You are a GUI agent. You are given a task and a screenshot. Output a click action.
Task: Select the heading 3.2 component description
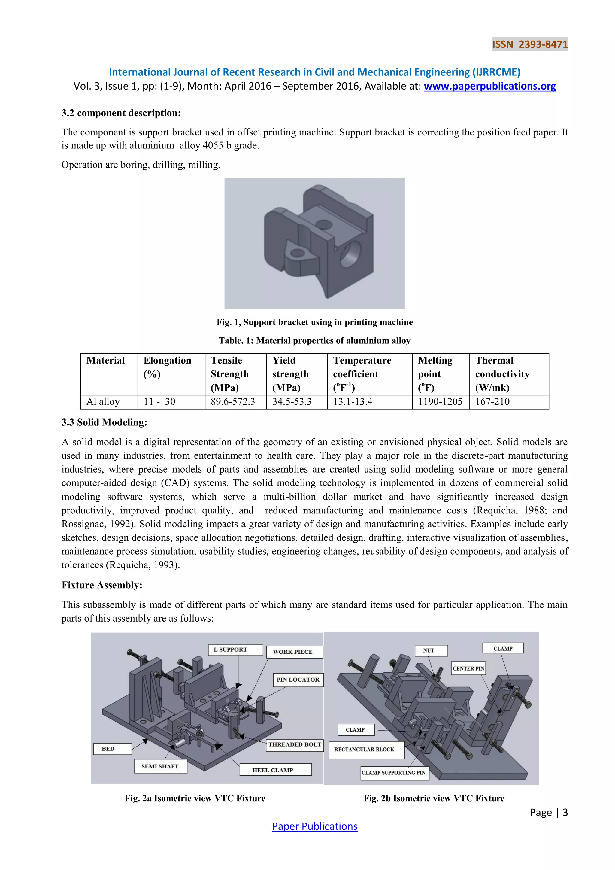coord(121,113)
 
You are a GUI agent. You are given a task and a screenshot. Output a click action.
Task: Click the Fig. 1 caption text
coord(314,322)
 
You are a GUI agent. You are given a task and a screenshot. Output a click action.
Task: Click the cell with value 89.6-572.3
coord(233,402)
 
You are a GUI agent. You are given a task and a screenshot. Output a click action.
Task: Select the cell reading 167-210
coord(492,402)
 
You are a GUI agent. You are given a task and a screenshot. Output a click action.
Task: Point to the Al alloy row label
coord(103,402)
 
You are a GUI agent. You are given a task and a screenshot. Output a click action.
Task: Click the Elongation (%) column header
coord(167,367)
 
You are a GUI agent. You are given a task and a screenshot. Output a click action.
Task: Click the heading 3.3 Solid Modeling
coord(104,422)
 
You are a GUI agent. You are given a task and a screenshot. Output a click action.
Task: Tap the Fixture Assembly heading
coord(102,585)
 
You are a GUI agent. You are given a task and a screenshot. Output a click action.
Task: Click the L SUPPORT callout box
coord(235,650)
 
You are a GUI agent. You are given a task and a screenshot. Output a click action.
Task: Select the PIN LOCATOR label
coord(298,680)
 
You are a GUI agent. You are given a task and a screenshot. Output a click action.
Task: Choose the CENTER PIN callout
coord(468,668)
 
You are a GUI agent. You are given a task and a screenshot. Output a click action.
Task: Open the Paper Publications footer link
coord(314,826)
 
